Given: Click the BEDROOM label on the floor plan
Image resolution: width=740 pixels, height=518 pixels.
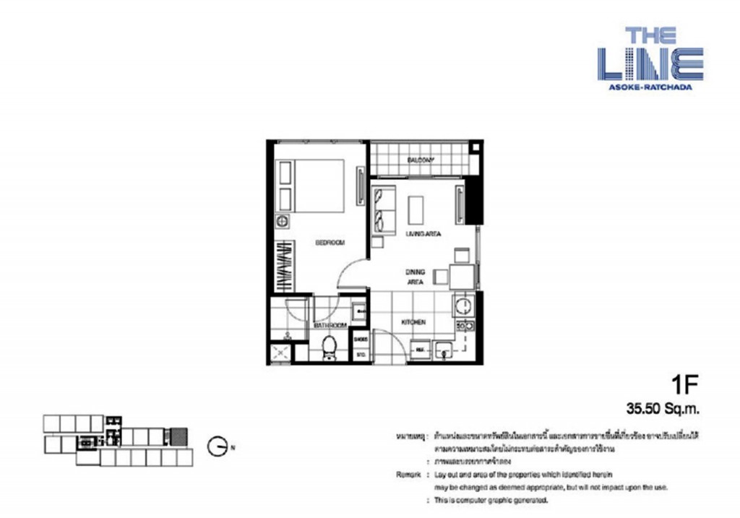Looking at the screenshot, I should coord(330,243).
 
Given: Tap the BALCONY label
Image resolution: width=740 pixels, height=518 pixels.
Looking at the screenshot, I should coord(420,160).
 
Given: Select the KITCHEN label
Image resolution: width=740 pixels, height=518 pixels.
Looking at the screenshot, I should coord(413,322).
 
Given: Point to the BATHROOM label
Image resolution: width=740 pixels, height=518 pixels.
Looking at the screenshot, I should coord(330,327).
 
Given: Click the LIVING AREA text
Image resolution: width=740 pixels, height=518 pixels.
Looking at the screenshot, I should coord(423,234).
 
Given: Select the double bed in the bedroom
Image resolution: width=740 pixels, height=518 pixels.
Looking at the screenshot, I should coord(311,186).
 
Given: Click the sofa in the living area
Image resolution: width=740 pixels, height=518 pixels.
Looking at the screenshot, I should coord(382,209).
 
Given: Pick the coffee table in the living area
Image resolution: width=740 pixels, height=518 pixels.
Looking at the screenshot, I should coord(416,210).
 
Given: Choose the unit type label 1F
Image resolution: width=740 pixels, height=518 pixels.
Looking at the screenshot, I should coord(684,383).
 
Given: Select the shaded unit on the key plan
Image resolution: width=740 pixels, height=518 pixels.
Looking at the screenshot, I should coord(178,436).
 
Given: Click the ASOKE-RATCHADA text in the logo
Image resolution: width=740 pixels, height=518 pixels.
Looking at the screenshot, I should coord(650,87).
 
